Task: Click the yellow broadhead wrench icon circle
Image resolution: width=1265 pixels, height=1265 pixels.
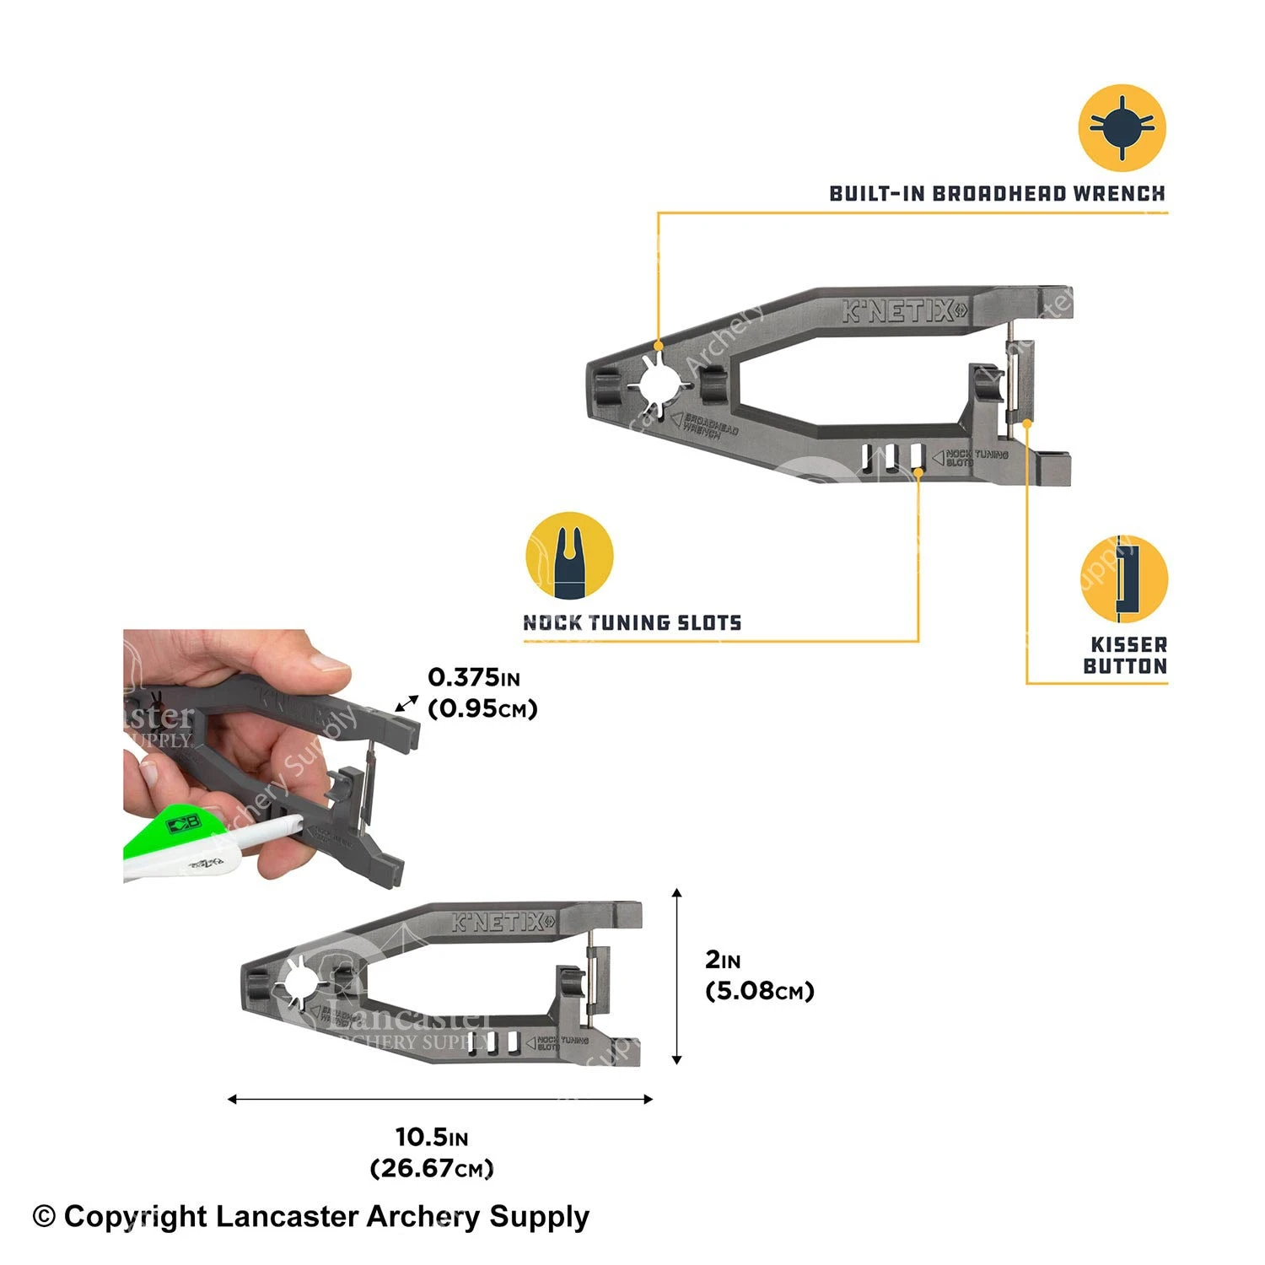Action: click(1122, 127)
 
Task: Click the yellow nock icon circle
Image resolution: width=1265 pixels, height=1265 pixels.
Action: click(569, 556)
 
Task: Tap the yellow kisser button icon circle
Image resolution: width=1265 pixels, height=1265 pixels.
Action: click(1124, 579)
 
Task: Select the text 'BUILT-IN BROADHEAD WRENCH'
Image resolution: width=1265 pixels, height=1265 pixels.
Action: click(997, 193)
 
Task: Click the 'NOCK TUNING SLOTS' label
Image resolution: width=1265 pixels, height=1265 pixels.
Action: click(632, 622)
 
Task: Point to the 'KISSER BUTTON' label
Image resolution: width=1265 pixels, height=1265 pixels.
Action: click(1127, 655)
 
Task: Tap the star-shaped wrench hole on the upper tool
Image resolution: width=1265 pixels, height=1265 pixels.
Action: click(654, 381)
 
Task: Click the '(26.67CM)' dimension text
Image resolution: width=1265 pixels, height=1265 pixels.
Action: click(432, 1168)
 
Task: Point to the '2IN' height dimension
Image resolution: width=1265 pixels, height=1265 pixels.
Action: click(723, 959)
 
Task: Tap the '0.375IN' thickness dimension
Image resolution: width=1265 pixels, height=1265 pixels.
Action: click(474, 677)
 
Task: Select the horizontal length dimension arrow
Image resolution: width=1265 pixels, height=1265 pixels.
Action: click(440, 1099)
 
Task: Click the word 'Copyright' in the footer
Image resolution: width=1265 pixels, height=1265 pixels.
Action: click(135, 1217)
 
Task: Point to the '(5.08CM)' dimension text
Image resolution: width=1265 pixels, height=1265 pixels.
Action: click(759, 990)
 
